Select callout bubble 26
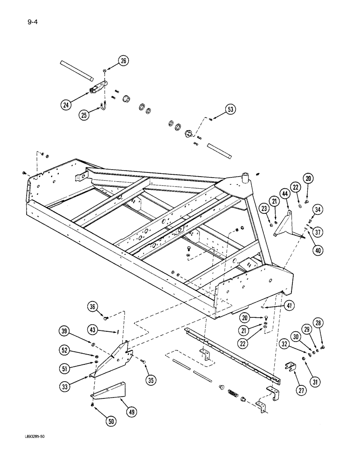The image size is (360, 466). pyautogui.click(x=123, y=61)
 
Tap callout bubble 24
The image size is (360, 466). pyautogui.click(x=67, y=104)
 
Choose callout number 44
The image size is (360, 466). pyautogui.click(x=284, y=192)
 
